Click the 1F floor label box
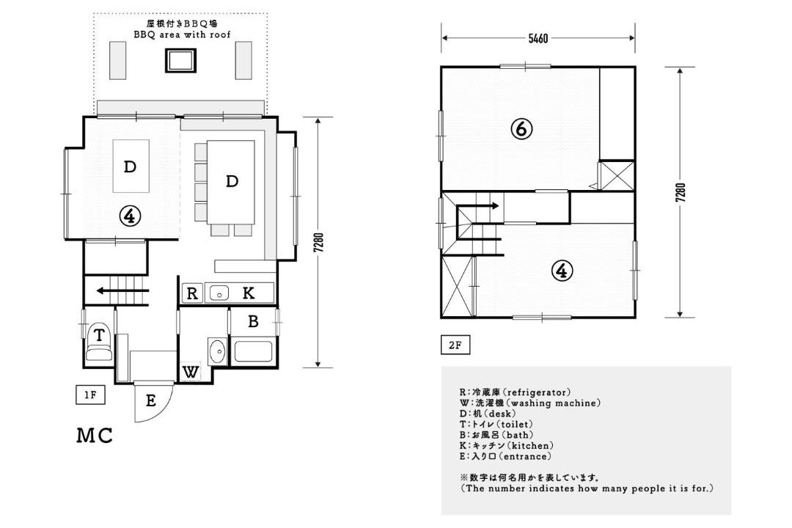(x=90, y=395)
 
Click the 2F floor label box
(x=455, y=345)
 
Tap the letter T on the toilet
(x=99, y=335)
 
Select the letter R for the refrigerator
(x=192, y=293)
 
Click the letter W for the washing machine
(x=191, y=373)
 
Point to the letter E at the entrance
(x=150, y=400)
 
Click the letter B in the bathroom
(x=253, y=321)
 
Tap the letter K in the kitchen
(x=248, y=293)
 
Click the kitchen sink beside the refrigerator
(x=219, y=293)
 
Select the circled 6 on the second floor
(x=521, y=129)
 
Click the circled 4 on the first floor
(x=130, y=216)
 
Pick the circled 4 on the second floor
(x=561, y=271)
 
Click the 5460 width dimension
(x=538, y=38)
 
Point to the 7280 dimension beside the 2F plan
(x=681, y=193)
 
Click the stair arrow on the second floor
(x=478, y=205)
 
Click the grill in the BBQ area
(x=180, y=61)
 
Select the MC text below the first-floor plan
(x=95, y=436)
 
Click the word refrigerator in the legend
(x=538, y=392)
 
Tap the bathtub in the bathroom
(x=253, y=352)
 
